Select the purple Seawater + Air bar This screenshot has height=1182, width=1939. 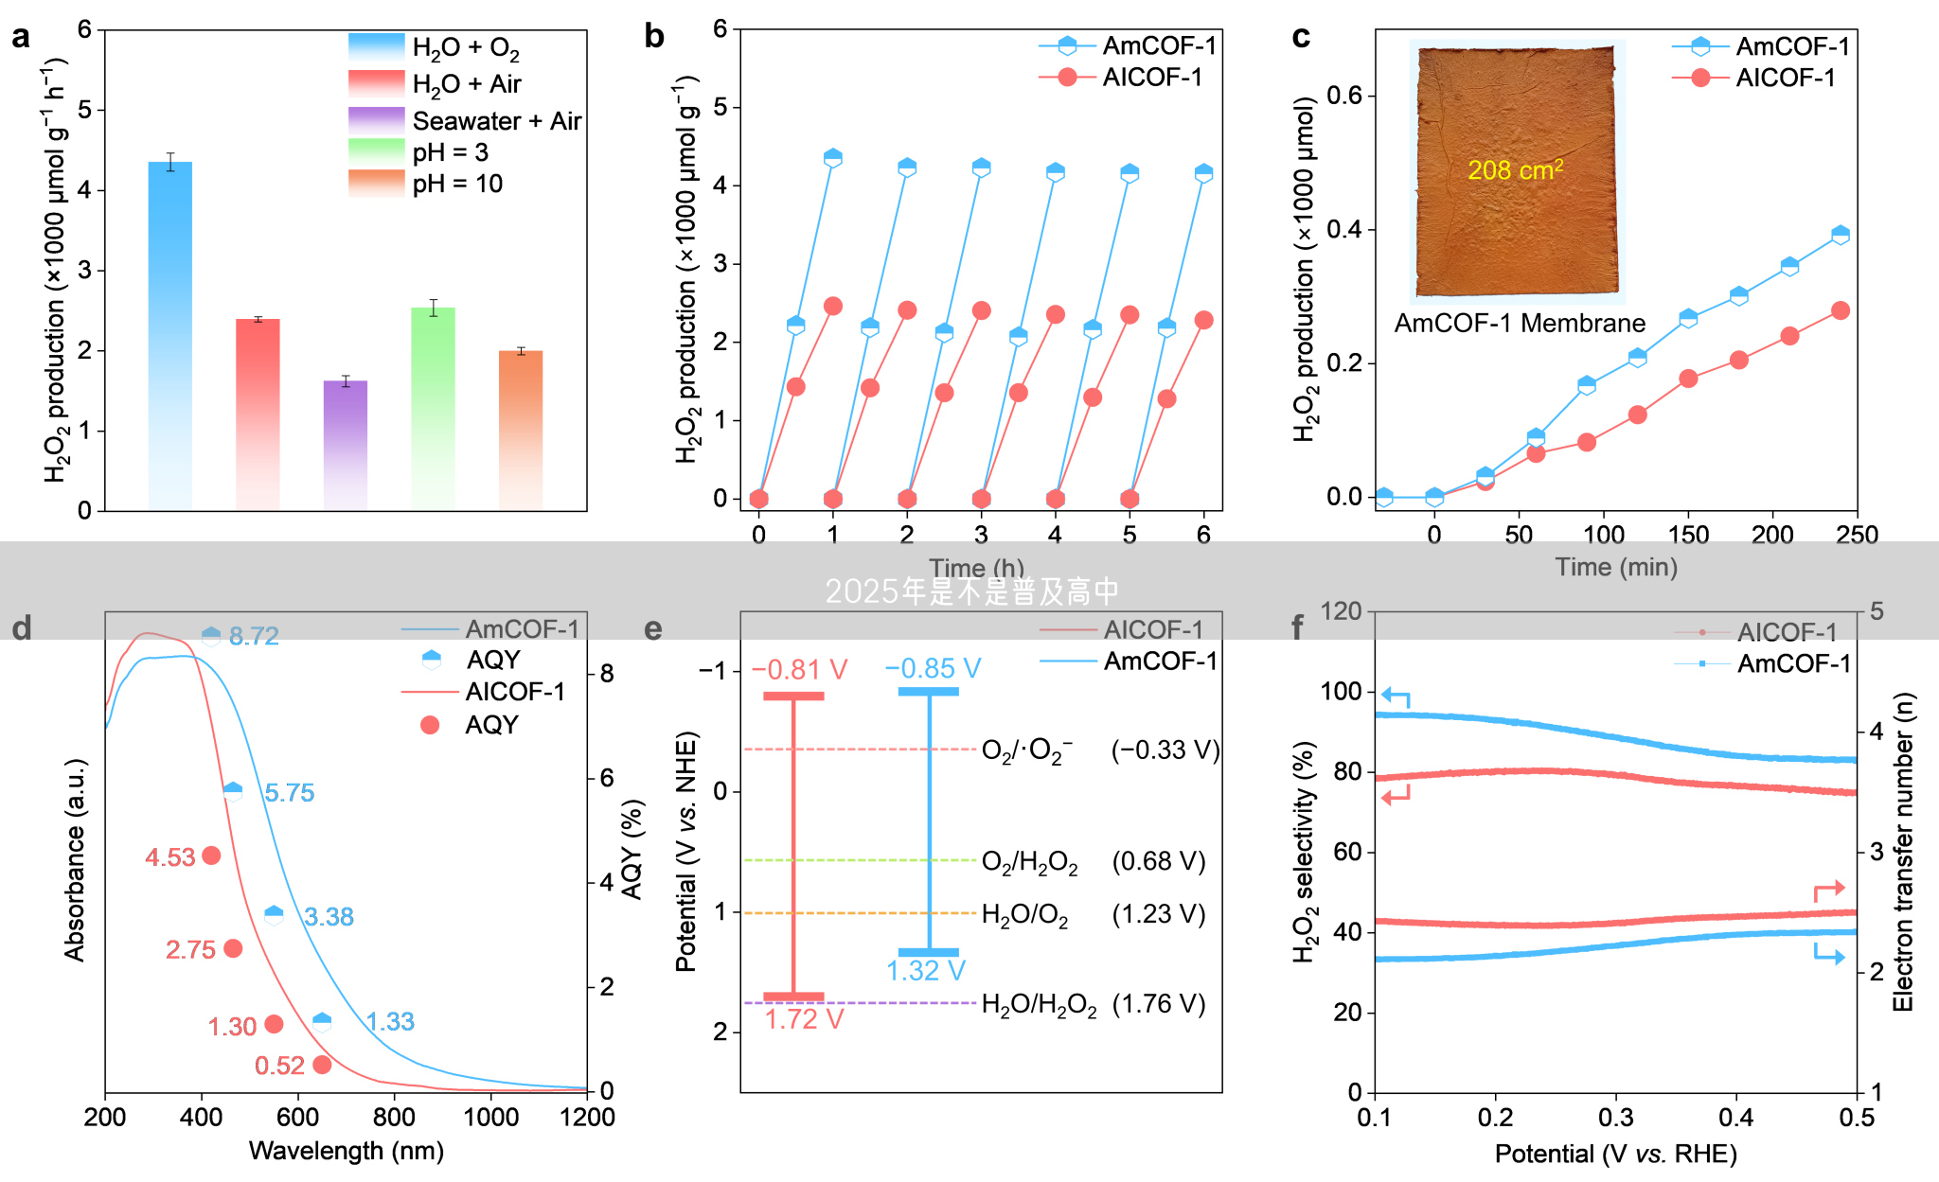[x=346, y=445]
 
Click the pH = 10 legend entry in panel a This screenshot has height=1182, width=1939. [x=456, y=184]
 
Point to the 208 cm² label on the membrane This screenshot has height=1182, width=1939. [x=1515, y=170]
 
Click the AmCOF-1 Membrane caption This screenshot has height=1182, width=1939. [x=1520, y=324]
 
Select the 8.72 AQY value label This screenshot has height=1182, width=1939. [x=254, y=636]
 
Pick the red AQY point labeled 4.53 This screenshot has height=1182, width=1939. [x=211, y=856]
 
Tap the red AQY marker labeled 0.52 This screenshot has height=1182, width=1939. [x=322, y=1065]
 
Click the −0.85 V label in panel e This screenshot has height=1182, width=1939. [x=933, y=669]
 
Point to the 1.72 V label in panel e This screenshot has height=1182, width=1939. [x=804, y=1019]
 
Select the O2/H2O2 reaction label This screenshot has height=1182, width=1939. [x=1029, y=862]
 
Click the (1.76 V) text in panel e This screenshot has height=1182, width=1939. [x=1159, y=1004]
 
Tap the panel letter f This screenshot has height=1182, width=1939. [x=1297, y=626]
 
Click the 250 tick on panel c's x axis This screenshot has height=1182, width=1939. [x=1857, y=535]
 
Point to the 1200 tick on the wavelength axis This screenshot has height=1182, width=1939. [x=587, y=1118]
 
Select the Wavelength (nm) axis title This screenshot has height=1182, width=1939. [x=346, y=1151]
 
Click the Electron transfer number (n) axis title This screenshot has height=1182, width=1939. [x=1903, y=852]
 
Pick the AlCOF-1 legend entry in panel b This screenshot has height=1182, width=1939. [x=1152, y=78]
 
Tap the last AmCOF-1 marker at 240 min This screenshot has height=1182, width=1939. [x=1840, y=235]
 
